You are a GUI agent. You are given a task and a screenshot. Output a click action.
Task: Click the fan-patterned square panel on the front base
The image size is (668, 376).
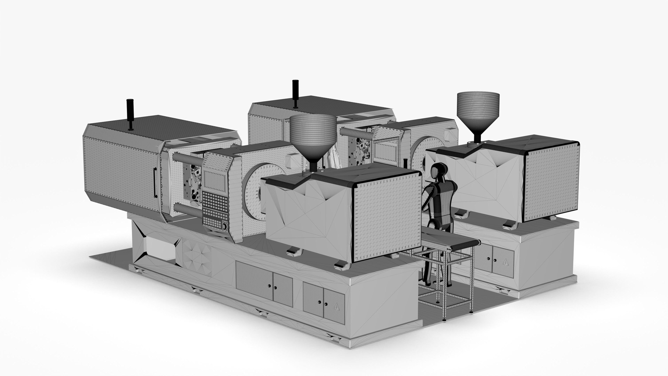coord(197,257)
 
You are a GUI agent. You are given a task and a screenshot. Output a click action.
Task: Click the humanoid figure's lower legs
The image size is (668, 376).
coord(430,272)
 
